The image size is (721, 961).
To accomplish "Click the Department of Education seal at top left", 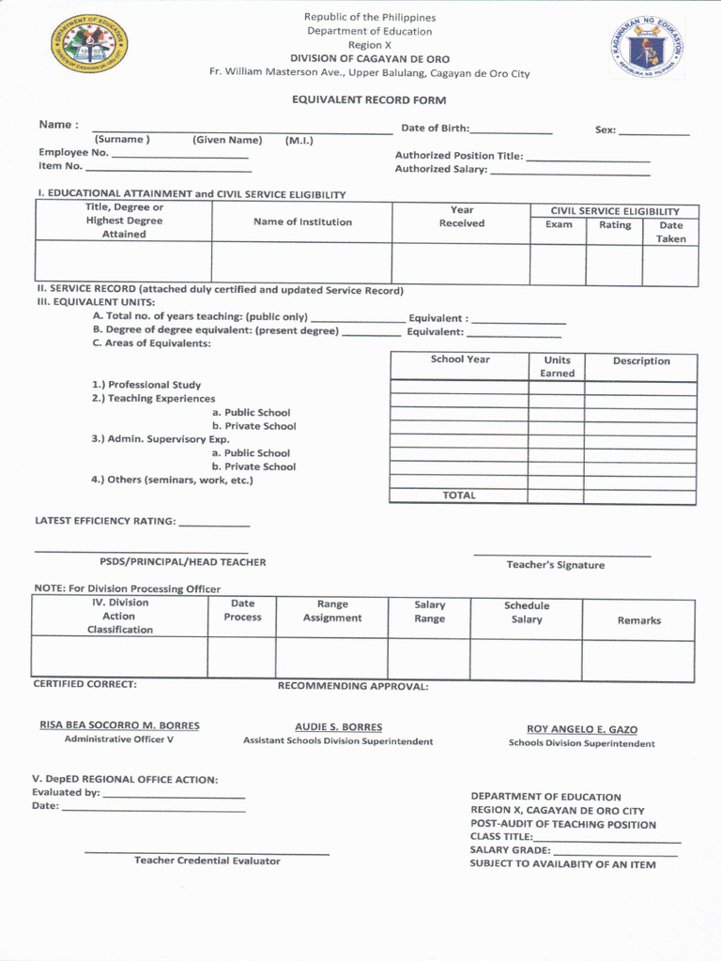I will coord(89,47).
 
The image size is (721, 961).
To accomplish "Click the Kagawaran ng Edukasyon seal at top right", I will coord(647,47).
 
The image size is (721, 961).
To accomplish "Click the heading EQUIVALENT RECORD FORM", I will coord(369,100).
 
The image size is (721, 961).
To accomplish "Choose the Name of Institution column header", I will coord(302,222).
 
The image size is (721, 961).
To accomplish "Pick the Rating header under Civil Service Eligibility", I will coord(615,225).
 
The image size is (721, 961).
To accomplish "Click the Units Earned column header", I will coord(557,366).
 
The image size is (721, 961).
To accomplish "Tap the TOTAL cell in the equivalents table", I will coord(459,496).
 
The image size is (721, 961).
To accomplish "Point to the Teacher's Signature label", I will coord(556,565).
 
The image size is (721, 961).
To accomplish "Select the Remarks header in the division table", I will coord(638,620).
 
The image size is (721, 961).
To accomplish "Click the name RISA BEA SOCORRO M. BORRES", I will coord(119,725).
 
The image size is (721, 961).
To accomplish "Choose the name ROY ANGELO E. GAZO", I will coord(582,729).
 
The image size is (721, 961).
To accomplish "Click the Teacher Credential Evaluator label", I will coord(207,861).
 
